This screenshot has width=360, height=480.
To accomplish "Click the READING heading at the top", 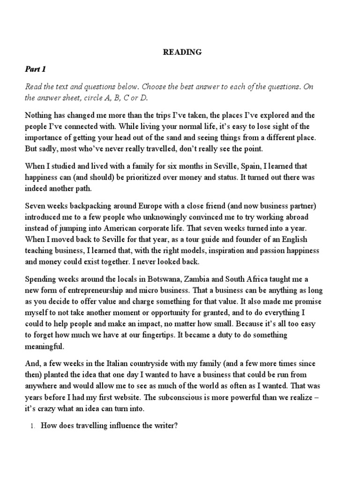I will tap(182, 52).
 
